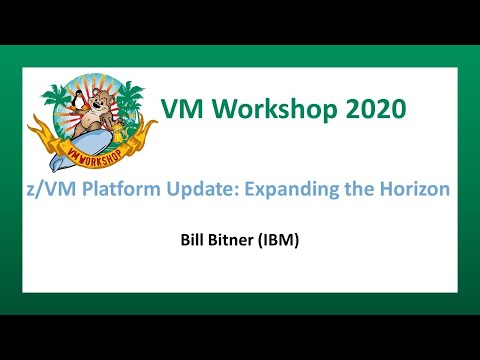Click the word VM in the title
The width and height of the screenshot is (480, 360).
pos(183,107)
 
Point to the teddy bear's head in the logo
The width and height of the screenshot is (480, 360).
pos(100,101)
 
